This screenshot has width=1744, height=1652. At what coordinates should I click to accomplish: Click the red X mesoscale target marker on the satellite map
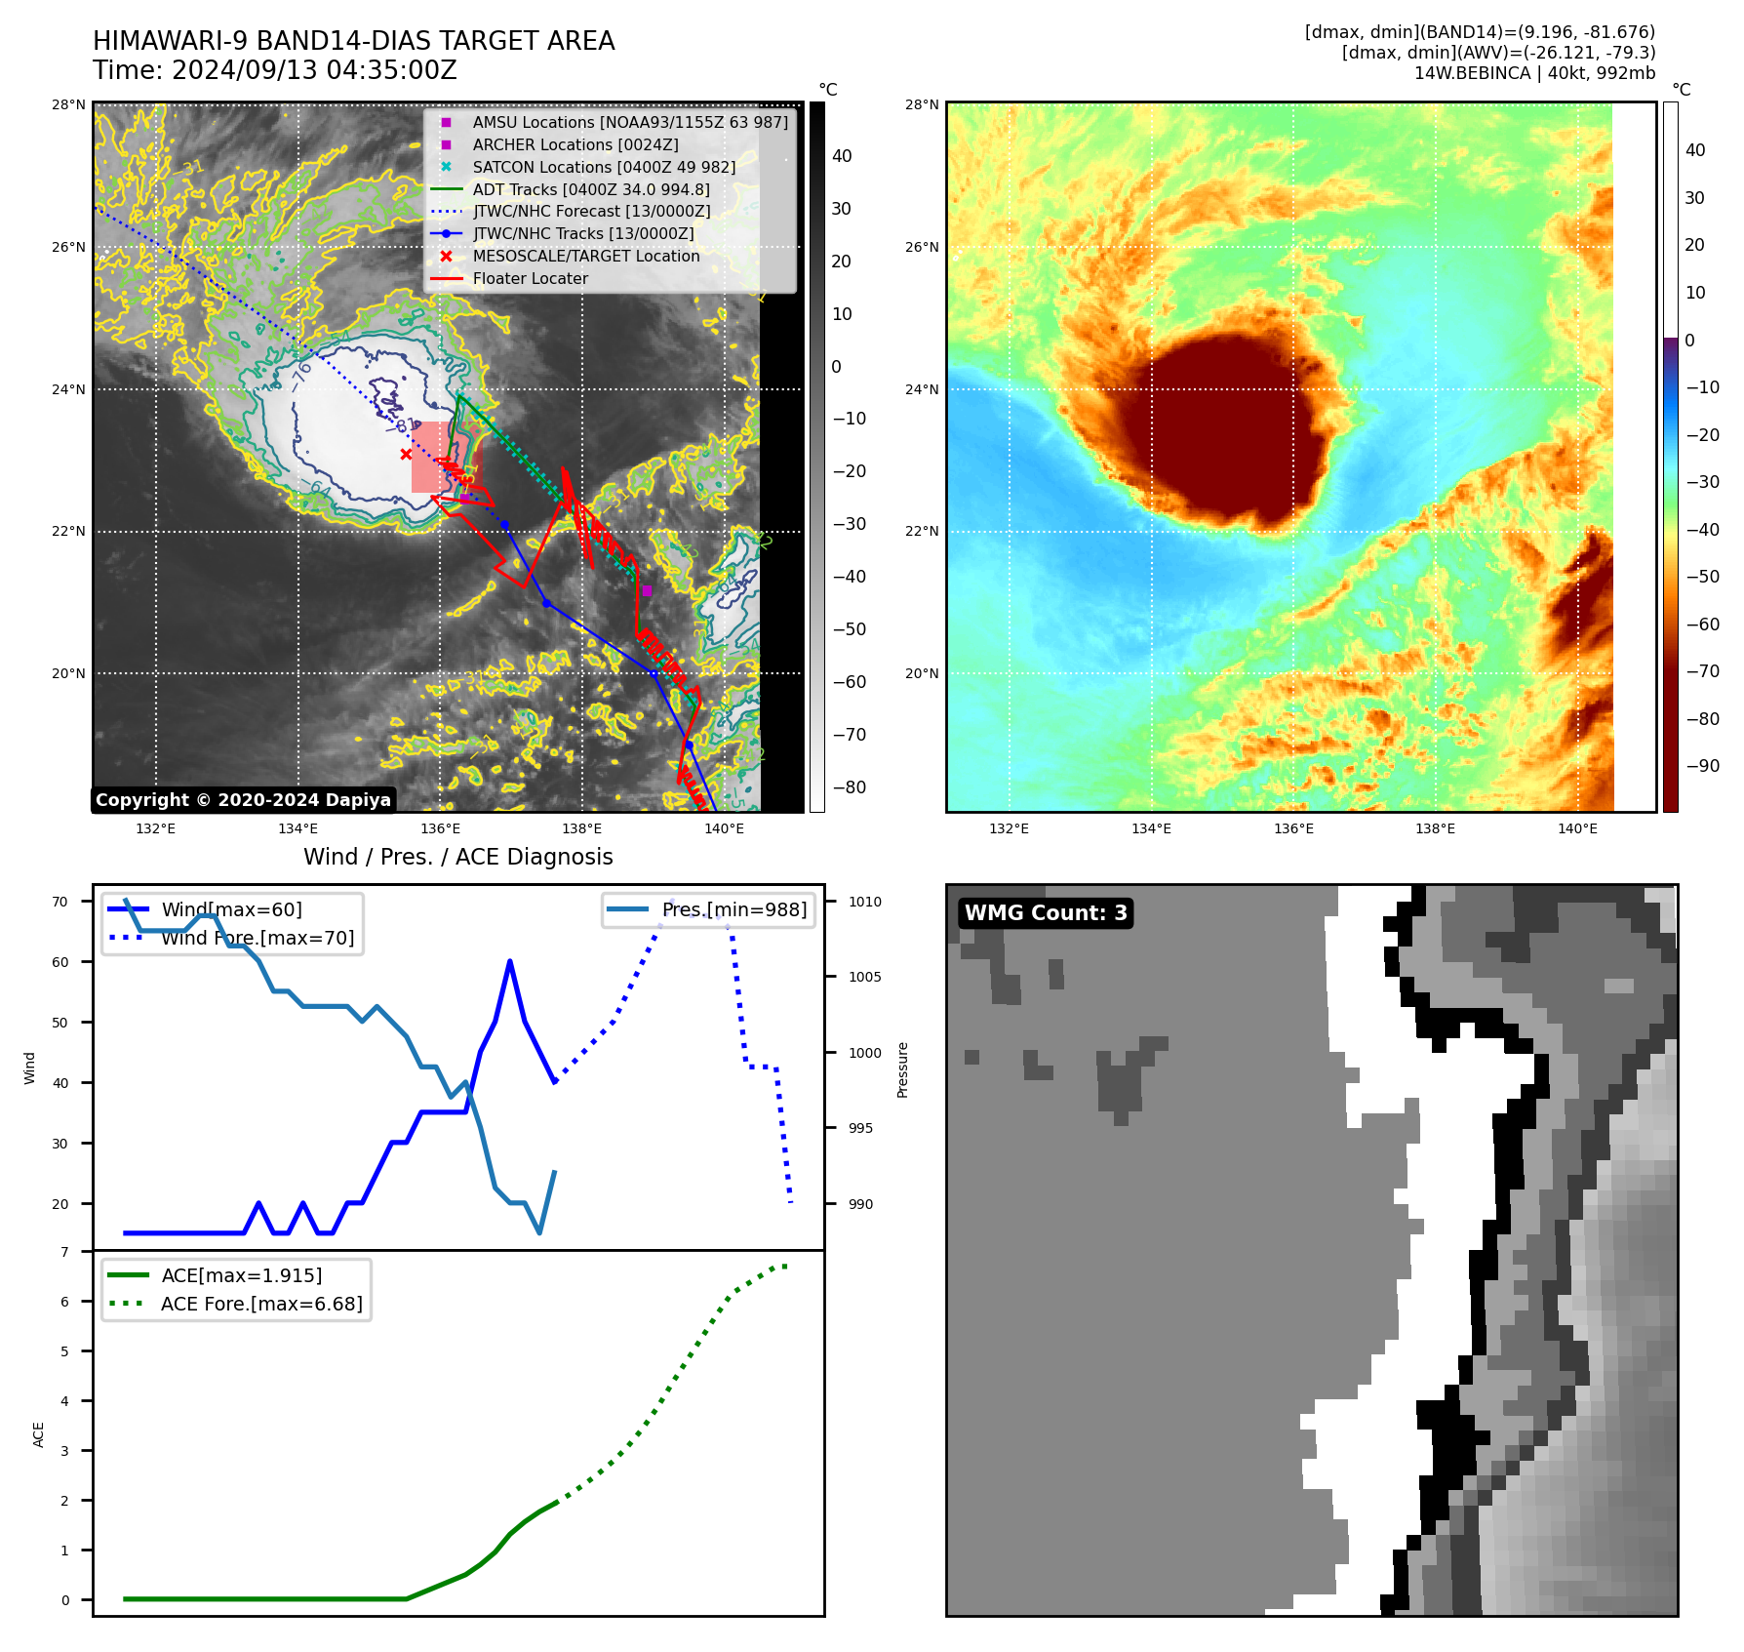[x=406, y=454]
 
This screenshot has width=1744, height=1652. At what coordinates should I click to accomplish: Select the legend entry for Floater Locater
[x=530, y=279]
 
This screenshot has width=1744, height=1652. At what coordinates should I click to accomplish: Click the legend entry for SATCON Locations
[x=603, y=167]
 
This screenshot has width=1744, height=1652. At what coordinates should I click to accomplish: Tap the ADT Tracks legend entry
[x=590, y=189]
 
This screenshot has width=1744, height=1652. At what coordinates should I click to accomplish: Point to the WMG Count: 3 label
[x=1046, y=913]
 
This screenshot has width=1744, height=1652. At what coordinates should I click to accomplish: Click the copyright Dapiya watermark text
[x=243, y=800]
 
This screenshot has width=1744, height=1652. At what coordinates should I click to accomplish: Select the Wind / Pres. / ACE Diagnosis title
[x=458, y=857]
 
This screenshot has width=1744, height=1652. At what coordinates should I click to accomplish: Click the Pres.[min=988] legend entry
[x=733, y=910]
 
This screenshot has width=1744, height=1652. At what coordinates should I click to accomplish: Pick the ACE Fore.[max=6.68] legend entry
[x=261, y=1305]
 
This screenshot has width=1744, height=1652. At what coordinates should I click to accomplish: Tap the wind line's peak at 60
[x=510, y=962]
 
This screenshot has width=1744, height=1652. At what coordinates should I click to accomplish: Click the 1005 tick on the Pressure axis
[x=864, y=977]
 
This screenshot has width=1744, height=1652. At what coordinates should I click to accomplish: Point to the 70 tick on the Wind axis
[x=60, y=902]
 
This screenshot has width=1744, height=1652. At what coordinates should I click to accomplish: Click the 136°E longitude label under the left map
[x=440, y=829]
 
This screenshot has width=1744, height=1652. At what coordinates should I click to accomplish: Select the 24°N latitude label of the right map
[x=922, y=389]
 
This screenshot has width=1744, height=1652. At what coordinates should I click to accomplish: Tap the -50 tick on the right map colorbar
[x=1702, y=577]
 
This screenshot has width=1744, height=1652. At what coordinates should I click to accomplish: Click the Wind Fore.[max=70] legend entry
[x=258, y=939]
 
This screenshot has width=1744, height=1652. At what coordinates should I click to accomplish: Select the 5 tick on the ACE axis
[x=64, y=1351]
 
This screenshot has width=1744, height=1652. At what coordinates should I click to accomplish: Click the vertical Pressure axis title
[x=902, y=1069]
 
